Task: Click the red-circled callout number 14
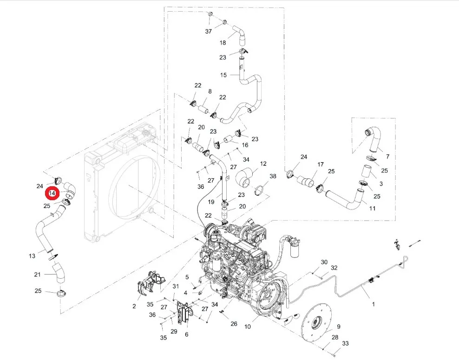pyautogui.click(x=52, y=193)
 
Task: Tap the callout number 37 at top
pyautogui.click(x=209, y=31)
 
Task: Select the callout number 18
pyautogui.click(x=223, y=43)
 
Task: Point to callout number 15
pyautogui.click(x=223, y=75)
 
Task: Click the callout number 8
pyautogui.click(x=210, y=92)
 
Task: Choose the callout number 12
pyautogui.click(x=263, y=164)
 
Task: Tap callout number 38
pyautogui.click(x=273, y=176)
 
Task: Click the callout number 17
pyautogui.click(x=321, y=164)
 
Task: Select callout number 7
pyautogui.click(x=387, y=157)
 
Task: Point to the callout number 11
pyautogui.click(x=372, y=209)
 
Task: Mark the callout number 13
pyautogui.click(x=32, y=256)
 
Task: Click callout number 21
pyautogui.click(x=37, y=275)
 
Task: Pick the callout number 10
pyautogui.click(x=248, y=327)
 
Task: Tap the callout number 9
pyautogui.click(x=338, y=327)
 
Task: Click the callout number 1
pyautogui.click(x=373, y=304)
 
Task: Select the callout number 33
pyautogui.click(x=346, y=343)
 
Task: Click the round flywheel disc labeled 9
pyautogui.click(x=317, y=324)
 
